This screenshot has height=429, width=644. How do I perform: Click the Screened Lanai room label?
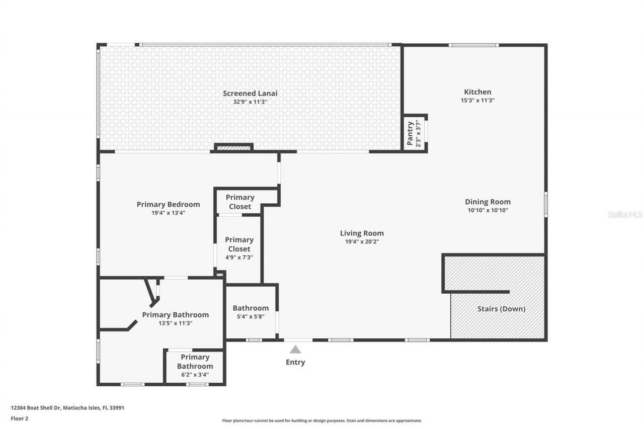coord(250,93)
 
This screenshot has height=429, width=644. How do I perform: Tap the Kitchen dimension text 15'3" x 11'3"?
coord(477,101)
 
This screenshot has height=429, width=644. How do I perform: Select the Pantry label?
coord(410,133)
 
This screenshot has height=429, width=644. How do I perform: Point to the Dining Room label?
coord(488,202)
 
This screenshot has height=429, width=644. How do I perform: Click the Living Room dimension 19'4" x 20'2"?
coord(362,242)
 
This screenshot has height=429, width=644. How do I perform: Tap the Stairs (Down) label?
coord(501,309)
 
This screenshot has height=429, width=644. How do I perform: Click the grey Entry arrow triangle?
coord(295,349)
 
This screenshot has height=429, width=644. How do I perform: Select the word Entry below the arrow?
coord(295,362)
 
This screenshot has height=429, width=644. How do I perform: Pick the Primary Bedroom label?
coord(168,204)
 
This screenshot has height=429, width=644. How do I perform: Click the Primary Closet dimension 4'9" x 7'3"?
coord(239,258)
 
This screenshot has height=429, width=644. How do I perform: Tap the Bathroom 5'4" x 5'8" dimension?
coord(251,317)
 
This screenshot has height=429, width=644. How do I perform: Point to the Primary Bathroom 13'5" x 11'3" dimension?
coord(175,323)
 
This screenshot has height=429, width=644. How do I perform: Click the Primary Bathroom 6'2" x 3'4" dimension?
coord(195,375)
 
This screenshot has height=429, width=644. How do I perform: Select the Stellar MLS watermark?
coord(625,214)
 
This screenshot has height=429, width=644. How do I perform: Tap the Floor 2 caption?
coord(20,418)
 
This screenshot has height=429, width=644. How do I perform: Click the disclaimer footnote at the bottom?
coord(322,420)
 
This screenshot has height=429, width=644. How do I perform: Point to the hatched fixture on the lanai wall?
coord(233,148)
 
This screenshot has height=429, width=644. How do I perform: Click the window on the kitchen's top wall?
coord(473,45)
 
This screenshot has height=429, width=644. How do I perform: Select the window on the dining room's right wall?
coord(545,204)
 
